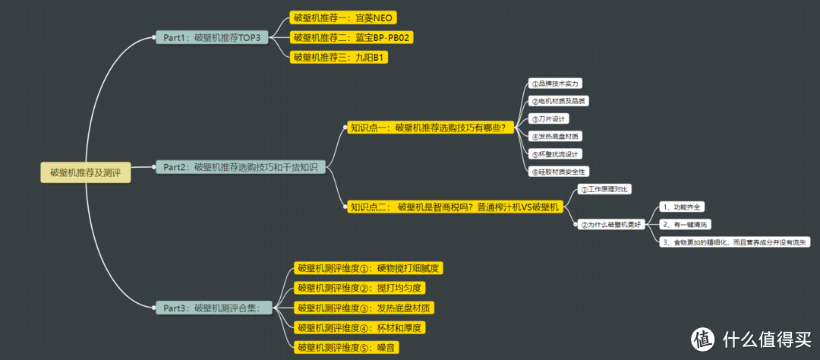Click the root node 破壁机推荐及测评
pos(86,172)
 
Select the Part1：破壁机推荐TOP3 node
pos(212,37)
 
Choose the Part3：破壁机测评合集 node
pos(212,308)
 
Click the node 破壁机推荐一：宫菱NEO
pos(345,18)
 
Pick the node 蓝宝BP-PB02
pos(353,37)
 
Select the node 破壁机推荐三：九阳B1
pos(339,57)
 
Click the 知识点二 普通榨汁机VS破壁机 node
pos(454,207)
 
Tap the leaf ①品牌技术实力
pos(557,84)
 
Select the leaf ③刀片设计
pos(548,118)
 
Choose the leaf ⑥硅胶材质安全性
pos(560,172)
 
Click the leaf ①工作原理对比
pos(604,188)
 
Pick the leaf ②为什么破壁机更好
pos(612,224)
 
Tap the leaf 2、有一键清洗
pos(685,224)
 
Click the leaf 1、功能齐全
pos(681,207)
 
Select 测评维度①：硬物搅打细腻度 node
pos(370,268)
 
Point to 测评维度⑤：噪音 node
pos(347,347)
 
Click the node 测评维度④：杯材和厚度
pos(360,327)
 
